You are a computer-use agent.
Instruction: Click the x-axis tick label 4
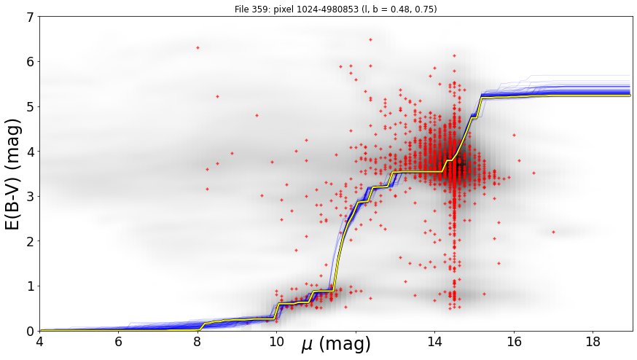tap(40, 342)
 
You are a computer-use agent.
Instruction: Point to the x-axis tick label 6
tap(119, 342)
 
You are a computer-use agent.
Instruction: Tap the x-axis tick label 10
tap(277, 342)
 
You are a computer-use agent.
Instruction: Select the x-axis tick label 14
tap(434, 342)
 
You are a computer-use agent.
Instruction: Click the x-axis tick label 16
tap(514, 342)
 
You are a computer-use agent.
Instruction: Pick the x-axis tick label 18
tap(593, 342)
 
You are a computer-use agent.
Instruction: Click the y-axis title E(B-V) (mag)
tap(13, 174)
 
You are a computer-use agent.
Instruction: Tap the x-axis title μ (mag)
tap(336, 345)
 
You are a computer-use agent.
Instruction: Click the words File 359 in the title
tap(249, 9)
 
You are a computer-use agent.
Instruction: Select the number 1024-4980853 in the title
tap(313, 9)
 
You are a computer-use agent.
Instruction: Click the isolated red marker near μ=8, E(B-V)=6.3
tap(198, 47)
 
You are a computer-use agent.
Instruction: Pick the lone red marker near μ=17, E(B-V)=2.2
tap(553, 232)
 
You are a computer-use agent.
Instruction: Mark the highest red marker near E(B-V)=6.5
tap(370, 39)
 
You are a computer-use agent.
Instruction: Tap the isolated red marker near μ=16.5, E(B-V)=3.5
tap(534, 173)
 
